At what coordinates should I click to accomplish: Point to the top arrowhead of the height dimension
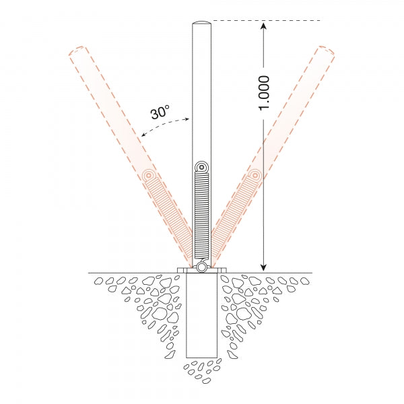(x=264, y=26)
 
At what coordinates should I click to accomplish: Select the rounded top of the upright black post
(x=201, y=25)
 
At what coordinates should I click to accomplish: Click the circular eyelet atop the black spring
(x=201, y=167)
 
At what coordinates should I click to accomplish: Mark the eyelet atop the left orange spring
(x=149, y=176)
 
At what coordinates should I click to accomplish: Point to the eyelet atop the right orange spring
(x=254, y=176)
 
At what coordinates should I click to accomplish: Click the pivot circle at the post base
(x=201, y=267)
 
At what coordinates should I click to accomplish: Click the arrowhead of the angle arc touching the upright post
(x=189, y=120)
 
